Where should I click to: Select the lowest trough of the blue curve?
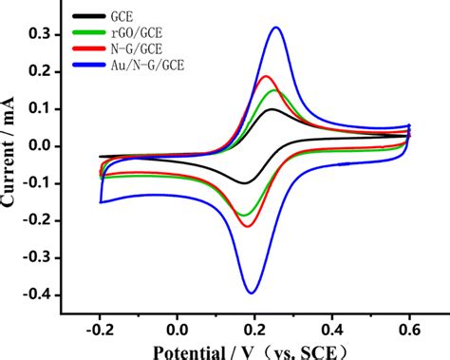pyautogui.click(x=252, y=293)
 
